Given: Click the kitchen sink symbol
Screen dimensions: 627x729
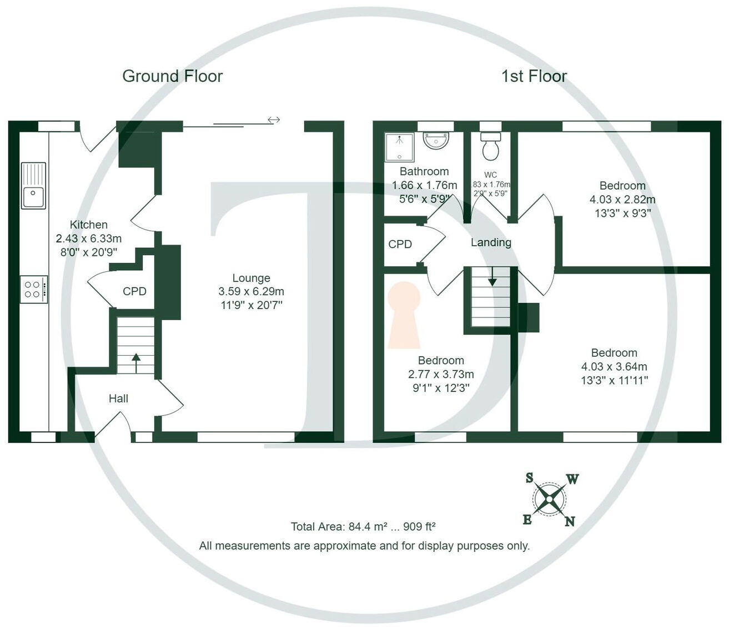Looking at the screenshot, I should (x=33, y=186).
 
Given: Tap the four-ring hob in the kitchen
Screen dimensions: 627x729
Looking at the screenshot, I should (x=33, y=289).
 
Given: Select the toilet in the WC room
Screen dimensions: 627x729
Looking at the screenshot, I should (x=490, y=146).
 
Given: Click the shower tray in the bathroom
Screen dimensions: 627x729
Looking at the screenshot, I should (x=399, y=147).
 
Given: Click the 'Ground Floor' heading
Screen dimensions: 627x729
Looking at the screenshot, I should (x=172, y=76).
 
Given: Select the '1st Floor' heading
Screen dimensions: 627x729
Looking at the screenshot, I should (x=534, y=76).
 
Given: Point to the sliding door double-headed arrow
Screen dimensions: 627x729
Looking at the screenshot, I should (x=273, y=120).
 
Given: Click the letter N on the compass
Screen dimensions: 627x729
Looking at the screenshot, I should (x=570, y=521).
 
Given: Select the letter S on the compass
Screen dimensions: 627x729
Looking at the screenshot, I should (x=529, y=478).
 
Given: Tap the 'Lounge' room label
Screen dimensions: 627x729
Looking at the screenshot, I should (x=251, y=278).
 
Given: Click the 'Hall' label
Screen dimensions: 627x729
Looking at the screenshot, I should (x=118, y=399).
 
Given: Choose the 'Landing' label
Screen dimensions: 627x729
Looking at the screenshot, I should (x=491, y=242).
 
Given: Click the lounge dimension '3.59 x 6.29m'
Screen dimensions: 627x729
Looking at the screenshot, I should (x=251, y=291).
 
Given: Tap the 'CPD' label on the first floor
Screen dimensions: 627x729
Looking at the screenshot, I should (x=400, y=244).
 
